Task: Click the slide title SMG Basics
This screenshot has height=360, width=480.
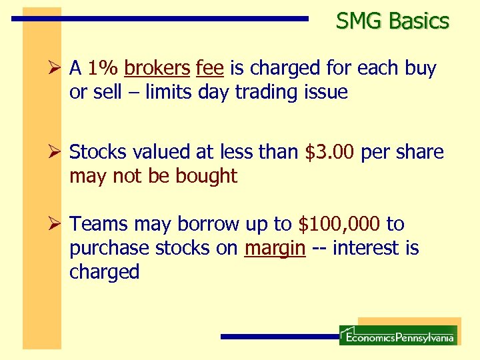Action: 393,21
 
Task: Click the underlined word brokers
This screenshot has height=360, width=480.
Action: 157,68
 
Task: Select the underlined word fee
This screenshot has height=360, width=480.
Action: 209,68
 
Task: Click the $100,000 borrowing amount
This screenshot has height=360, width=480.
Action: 339,224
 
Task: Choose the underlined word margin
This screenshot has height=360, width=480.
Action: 275,248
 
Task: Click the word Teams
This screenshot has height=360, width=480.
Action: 97,224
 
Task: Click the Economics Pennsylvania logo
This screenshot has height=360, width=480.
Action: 398,335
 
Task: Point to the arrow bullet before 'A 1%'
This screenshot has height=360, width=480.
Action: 57,68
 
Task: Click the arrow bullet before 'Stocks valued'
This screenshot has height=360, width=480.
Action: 57,152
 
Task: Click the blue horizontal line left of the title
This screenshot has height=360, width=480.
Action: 160,19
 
